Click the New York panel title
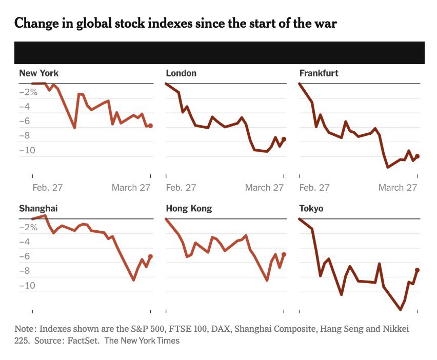tap(39, 73)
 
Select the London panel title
tap(181, 73)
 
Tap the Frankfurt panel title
tap(319, 73)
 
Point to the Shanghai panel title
tap(39, 209)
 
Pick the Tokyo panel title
tap(311, 209)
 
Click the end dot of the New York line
tap(150, 126)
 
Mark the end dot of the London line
tap(284, 139)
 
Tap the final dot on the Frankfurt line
tap(418, 156)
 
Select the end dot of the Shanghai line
tap(150, 256)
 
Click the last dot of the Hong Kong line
tap(284, 254)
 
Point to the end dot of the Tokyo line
tap(418, 270)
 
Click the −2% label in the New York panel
tap(29, 92)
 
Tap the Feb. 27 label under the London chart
tap(181, 188)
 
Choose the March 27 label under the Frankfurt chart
tap(398, 188)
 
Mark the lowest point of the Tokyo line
tap(401, 310)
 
